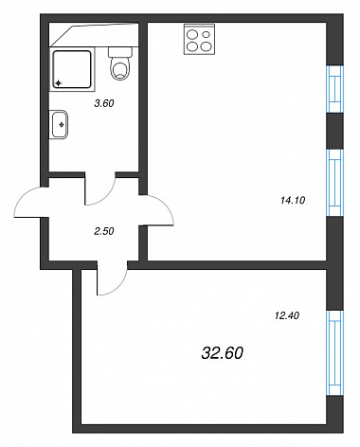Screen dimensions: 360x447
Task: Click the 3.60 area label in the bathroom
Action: (x=104, y=103)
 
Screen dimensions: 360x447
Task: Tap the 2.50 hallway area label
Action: (x=104, y=231)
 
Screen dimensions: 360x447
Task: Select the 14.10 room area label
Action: (x=293, y=200)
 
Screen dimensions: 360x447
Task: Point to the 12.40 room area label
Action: (x=287, y=315)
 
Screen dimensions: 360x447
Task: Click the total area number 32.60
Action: (x=223, y=353)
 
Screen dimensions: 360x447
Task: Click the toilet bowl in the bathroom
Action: (x=120, y=68)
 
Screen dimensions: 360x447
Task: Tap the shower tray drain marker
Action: (x=58, y=83)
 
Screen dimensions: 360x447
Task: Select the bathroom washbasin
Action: (x=59, y=124)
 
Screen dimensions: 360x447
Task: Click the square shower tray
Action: (x=72, y=69)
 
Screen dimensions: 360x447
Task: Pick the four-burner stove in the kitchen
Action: (x=199, y=39)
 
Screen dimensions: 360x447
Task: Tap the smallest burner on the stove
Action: (x=207, y=34)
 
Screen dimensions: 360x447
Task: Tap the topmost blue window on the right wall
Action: (x=334, y=89)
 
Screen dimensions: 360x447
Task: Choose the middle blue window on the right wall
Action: (x=334, y=183)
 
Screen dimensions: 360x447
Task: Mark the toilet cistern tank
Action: (x=120, y=52)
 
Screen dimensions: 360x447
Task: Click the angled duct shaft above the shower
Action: (x=94, y=35)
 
